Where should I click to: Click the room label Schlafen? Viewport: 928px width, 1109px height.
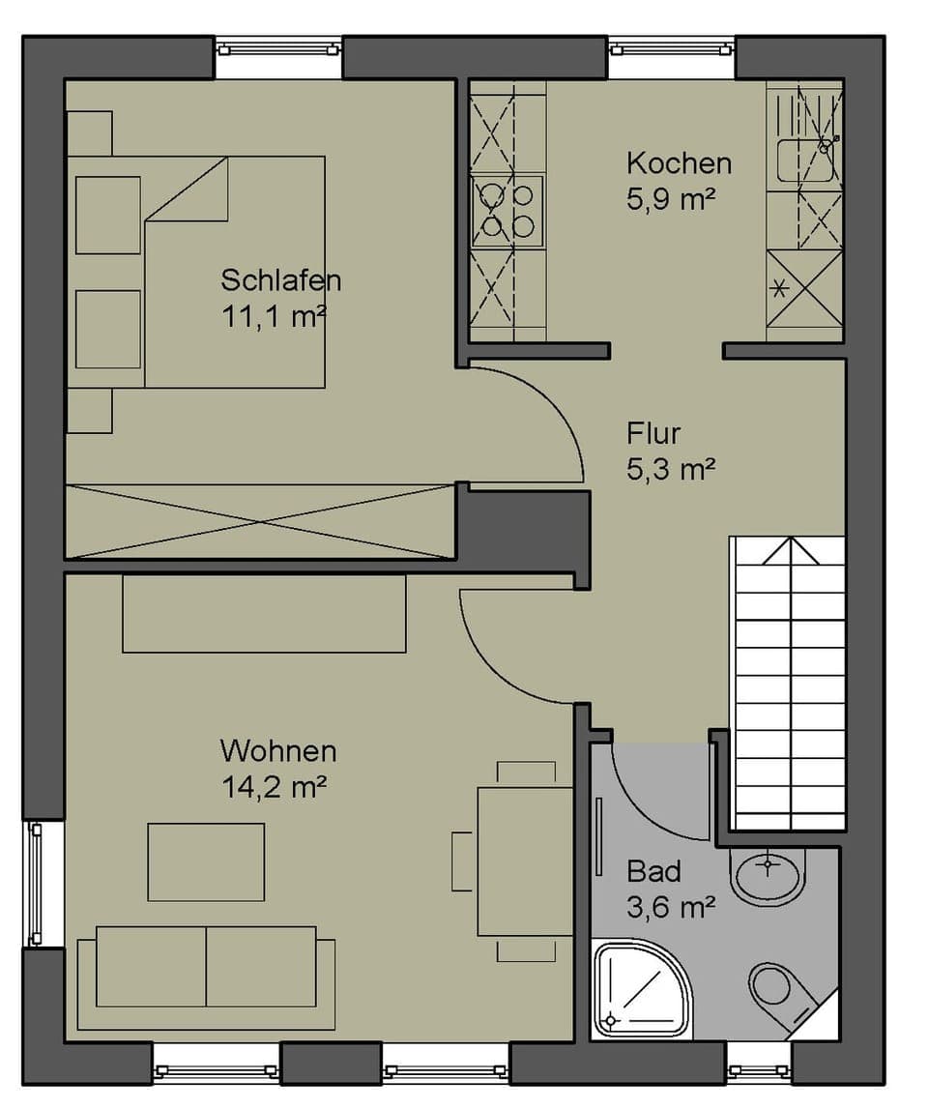(x=280, y=280)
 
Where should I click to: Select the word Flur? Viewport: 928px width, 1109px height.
(x=652, y=432)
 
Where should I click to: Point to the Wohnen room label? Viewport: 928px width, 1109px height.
(x=278, y=750)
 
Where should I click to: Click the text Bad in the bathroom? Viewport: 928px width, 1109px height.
(x=653, y=872)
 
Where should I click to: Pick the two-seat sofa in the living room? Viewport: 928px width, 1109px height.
(x=207, y=970)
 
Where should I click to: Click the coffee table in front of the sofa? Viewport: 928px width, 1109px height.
(x=206, y=861)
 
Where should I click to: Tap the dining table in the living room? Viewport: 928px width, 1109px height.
(x=525, y=861)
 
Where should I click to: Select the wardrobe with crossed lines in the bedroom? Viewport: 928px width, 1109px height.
(x=259, y=521)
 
